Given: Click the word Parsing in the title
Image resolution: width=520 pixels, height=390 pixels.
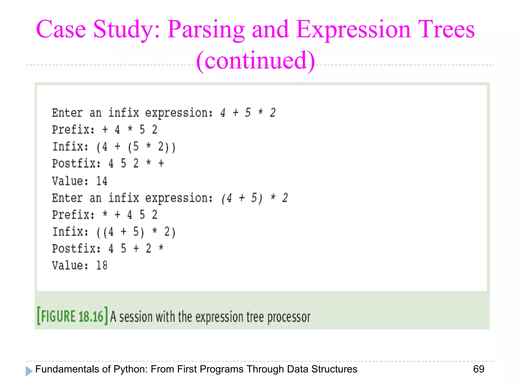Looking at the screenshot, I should point(206,30).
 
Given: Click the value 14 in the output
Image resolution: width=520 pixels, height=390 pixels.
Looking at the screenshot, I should point(102,181).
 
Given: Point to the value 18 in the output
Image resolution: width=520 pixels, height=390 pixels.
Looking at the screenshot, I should point(102,266).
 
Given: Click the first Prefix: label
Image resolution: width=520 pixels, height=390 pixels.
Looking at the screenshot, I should point(73,130).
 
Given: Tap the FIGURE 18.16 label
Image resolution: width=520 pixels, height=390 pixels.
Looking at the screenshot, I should point(72,316).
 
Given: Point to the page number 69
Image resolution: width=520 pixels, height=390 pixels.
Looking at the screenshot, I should point(479,369).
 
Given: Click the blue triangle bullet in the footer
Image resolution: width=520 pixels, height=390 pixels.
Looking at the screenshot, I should point(29,371).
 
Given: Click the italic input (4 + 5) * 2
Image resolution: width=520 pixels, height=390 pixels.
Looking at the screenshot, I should point(254,198).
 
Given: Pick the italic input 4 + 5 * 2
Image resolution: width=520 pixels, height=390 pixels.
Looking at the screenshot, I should point(248,113).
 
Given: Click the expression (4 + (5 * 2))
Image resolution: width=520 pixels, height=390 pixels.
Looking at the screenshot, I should point(136,147).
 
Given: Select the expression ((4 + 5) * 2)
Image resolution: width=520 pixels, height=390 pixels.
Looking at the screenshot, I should point(136,232).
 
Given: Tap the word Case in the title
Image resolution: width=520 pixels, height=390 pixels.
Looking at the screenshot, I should point(61,30).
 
